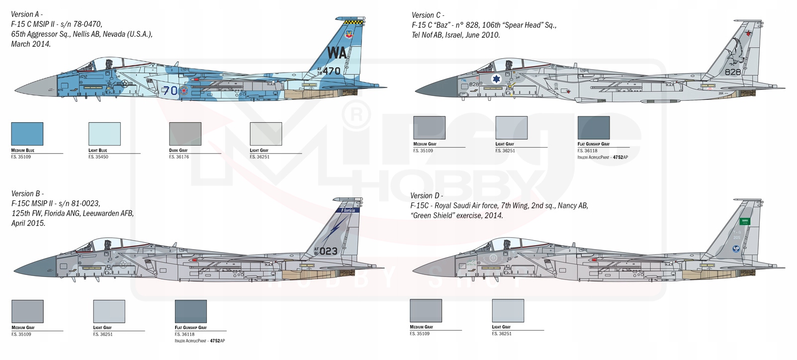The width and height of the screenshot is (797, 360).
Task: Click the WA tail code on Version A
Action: click(x=337, y=53)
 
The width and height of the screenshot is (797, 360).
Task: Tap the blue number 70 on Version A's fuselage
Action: click(x=170, y=90)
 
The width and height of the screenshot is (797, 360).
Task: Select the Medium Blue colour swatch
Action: click(x=27, y=134)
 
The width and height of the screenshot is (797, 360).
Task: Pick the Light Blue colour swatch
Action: click(x=104, y=134)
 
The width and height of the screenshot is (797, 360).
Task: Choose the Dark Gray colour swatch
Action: click(x=185, y=134)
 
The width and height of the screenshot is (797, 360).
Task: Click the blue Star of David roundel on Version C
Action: click(x=496, y=79)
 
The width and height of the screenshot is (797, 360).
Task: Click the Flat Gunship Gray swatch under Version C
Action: click(x=593, y=128)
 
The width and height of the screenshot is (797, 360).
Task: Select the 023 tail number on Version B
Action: click(x=328, y=251)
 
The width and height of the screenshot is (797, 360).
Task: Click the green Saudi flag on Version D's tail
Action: click(x=745, y=221)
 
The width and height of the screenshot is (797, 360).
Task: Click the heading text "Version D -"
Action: click(x=426, y=195)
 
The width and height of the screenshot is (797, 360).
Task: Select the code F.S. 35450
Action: click(x=98, y=157)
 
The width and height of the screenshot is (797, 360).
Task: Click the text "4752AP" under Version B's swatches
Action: click(x=217, y=341)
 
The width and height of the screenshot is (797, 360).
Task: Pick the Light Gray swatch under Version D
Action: click(x=508, y=311)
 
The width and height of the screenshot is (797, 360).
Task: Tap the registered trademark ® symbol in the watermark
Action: click(x=356, y=115)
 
